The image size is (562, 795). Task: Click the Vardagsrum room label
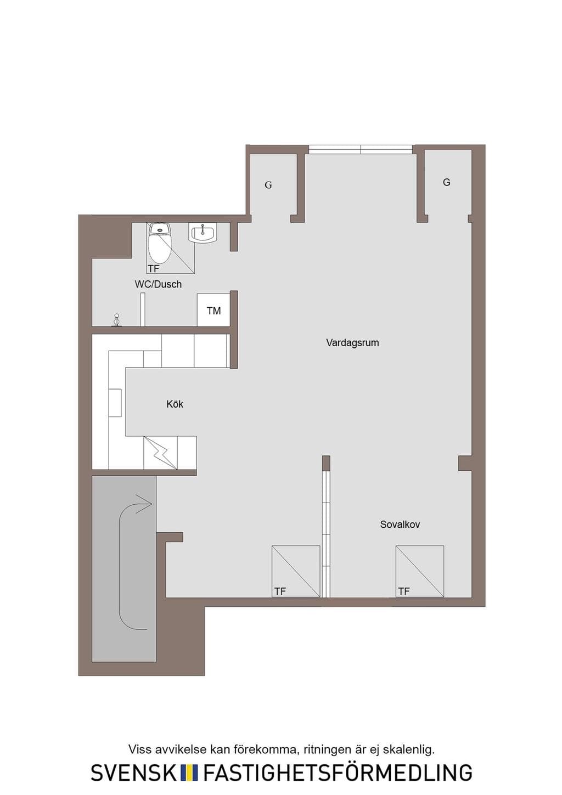[x=352, y=343]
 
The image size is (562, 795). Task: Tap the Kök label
[x=175, y=404]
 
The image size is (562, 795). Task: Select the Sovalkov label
[x=400, y=524]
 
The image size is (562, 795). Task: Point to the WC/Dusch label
[x=158, y=284]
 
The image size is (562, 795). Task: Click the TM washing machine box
[x=213, y=309]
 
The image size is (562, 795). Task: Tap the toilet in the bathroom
[x=160, y=243]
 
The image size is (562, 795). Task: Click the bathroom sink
[x=203, y=234]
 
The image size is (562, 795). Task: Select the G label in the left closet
[x=268, y=185]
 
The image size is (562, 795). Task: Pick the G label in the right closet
[x=447, y=182]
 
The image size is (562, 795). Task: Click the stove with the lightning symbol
[x=160, y=453]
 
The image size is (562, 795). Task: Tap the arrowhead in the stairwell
[x=145, y=504]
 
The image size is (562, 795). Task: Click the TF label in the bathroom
[x=154, y=269]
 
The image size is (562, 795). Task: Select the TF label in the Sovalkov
[x=403, y=591]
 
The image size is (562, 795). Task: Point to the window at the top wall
[x=361, y=149]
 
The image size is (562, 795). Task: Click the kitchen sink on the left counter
[x=115, y=403]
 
